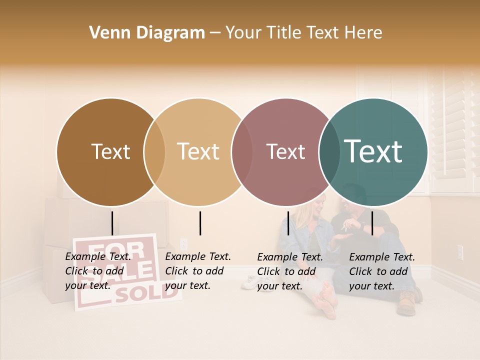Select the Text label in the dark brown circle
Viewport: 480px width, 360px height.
[110, 151]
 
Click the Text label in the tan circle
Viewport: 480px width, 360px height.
[198, 151]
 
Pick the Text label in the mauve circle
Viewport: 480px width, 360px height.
[285, 151]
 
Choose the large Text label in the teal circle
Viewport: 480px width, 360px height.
[373, 151]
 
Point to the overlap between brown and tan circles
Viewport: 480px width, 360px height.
[154, 152]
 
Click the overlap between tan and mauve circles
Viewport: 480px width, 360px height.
[241, 152]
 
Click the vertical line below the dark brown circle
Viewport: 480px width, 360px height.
[112, 223]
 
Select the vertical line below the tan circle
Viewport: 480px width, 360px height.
[200, 223]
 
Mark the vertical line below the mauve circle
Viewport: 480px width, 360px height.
[288, 223]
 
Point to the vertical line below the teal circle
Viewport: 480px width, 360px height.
[372, 223]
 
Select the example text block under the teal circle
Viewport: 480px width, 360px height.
[382, 271]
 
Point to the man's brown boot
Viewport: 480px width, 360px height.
[406, 303]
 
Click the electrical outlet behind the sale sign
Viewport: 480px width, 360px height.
[183, 243]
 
